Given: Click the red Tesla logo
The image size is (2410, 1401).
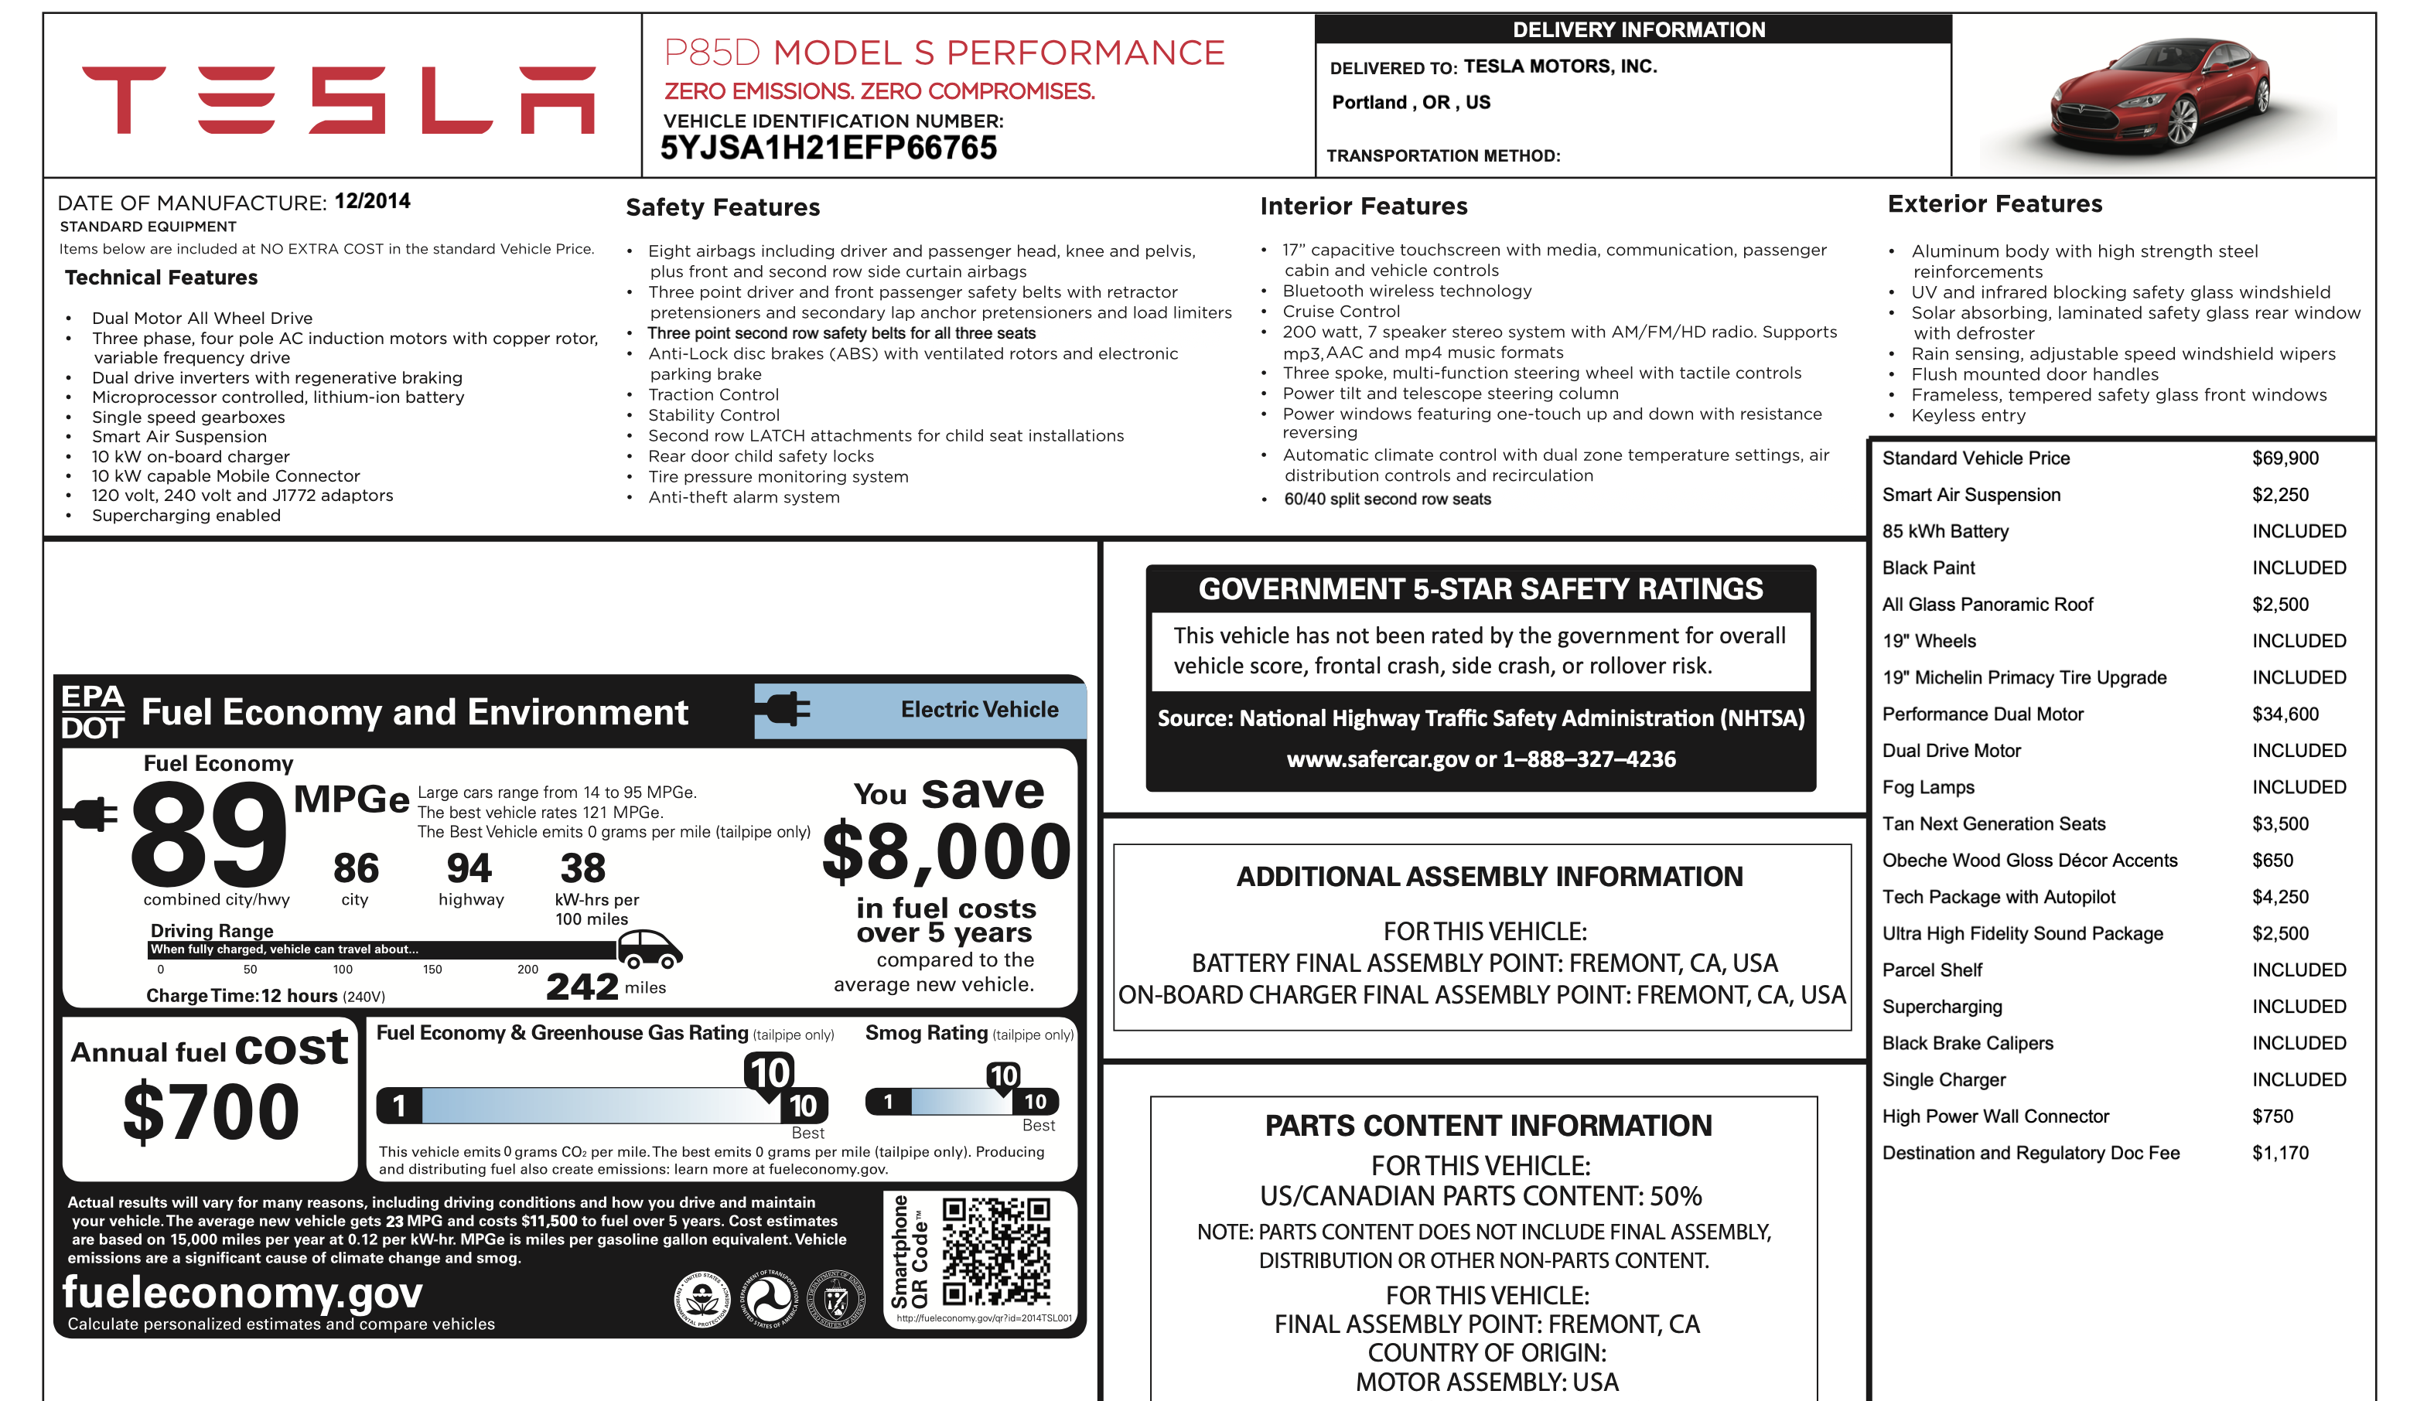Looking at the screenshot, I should tap(339, 100).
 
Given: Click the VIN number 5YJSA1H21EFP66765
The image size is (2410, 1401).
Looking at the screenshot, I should tap(828, 148).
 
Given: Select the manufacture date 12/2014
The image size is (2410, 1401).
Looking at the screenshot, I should tap(372, 201).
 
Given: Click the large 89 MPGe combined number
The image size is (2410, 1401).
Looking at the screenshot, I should tap(209, 834).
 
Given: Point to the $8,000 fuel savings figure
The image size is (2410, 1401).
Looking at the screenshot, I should tap(946, 852).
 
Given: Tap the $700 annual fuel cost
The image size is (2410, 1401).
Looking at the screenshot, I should tap(211, 1111).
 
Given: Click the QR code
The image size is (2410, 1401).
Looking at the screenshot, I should tap(995, 1252).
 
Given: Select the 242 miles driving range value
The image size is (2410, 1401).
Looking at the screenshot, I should tap(582, 986).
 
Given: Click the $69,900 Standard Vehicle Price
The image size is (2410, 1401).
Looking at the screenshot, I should tap(2285, 458).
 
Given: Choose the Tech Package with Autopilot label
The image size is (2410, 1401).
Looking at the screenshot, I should tap(1998, 897).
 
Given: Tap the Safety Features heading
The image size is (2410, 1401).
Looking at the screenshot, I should tap(722, 207).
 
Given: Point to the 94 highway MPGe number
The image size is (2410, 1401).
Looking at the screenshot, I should tap(469, 868).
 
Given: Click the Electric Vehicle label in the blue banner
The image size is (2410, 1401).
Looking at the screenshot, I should tap(979, 710).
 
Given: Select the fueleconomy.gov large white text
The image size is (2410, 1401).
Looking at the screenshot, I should tap(242, 1292).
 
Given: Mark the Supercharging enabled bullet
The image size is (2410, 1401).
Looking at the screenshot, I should tap(186, 516).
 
